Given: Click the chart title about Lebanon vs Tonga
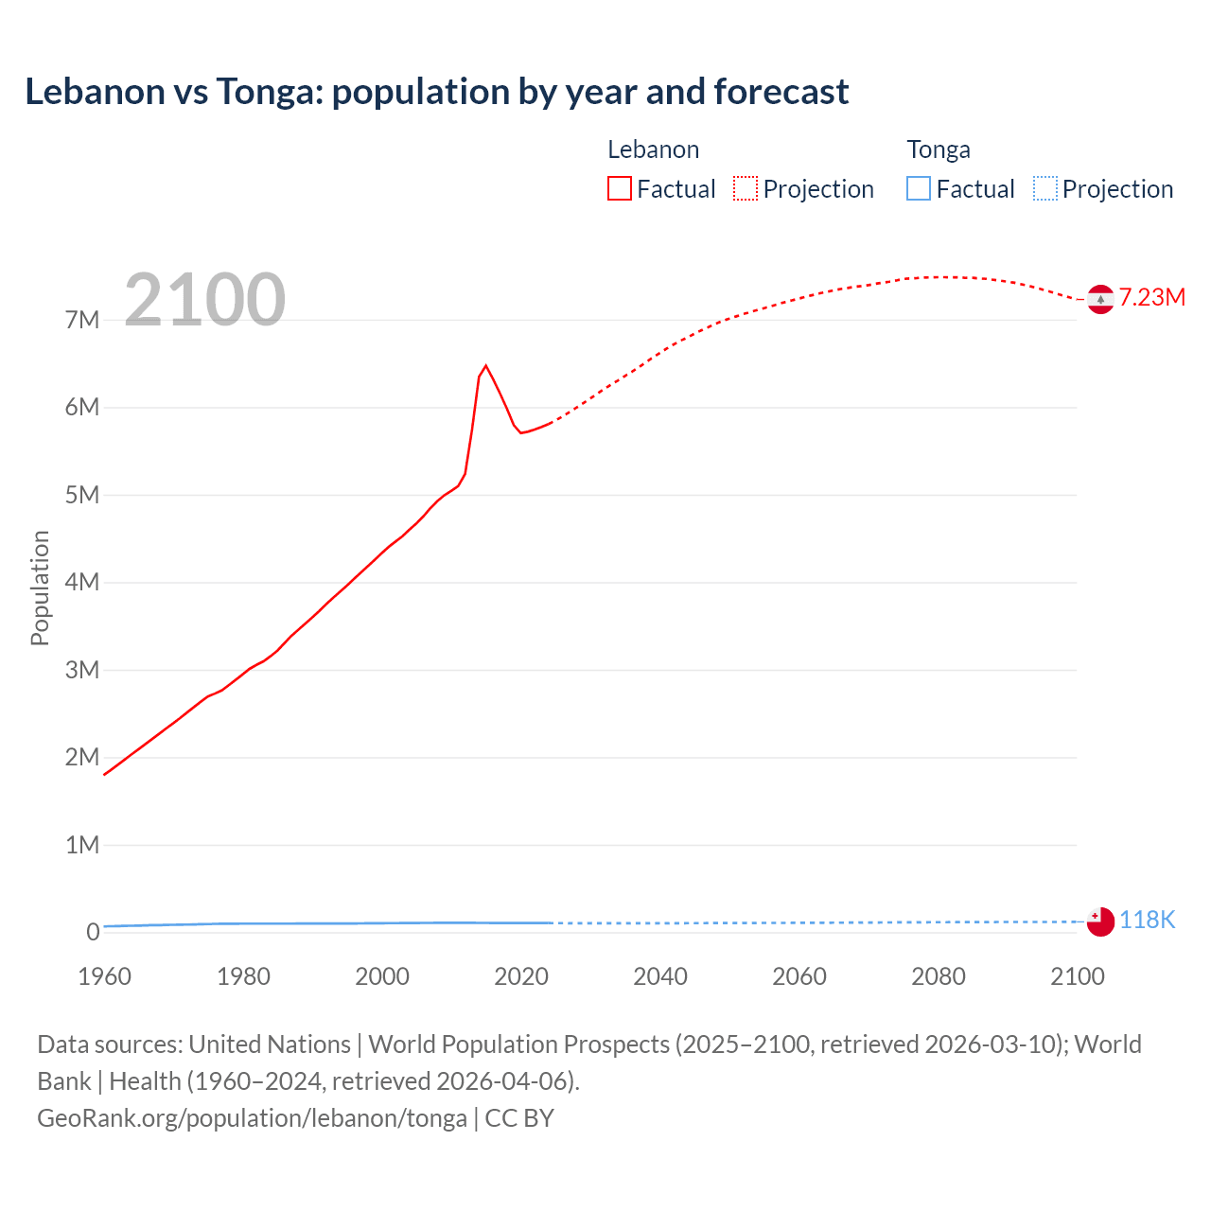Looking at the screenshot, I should coord(436,92).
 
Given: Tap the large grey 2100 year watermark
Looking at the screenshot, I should coord(204,300).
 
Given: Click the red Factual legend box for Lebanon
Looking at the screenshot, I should coord(620,188).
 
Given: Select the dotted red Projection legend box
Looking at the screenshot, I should coord(746,188).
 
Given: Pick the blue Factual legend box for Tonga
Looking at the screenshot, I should coord(919,188).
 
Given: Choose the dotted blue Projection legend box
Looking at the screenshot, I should coord(1044,188).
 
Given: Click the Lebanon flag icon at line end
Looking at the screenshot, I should coord(1100,299).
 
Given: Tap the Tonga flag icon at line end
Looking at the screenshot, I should coord(1100,921).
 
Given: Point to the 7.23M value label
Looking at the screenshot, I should coord(1152,297).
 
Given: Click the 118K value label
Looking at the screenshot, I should coord(1147,920).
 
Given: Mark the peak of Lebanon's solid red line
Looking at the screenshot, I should coord(485,365).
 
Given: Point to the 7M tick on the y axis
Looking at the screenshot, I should coord(82,320).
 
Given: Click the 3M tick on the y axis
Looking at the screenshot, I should coord(82,670).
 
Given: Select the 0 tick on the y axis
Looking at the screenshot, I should coord(93,932).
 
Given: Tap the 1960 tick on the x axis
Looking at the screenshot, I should coord(104,976).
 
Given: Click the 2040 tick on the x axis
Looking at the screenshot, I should coord(660,976).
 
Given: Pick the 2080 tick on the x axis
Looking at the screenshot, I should coord(939,976).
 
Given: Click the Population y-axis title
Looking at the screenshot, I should coord(40,588).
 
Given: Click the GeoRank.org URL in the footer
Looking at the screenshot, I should coord(252,1118).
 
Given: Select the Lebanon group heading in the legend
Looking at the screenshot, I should coord(653,149).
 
